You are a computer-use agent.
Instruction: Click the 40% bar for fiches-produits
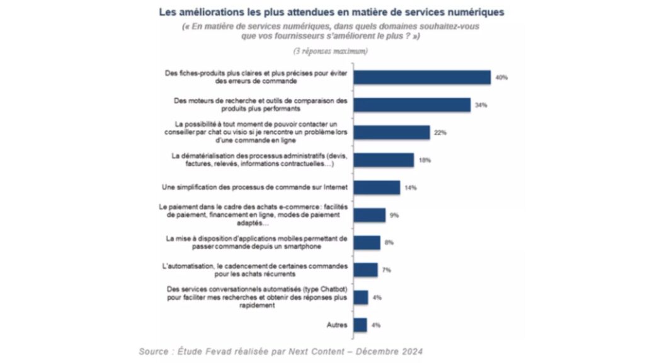tap(421, 77)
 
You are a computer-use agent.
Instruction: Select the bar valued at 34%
tap(411, 105)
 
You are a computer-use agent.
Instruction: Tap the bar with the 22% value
tap(391, 132)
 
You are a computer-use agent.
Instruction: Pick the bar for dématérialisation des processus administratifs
tap(383, 160)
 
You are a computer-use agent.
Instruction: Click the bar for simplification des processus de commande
tap(376, 188)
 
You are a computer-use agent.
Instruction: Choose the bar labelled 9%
tap(369, 216)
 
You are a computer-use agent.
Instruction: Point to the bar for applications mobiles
tap(367, 243)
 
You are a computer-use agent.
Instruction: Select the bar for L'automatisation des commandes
tap(365, 270)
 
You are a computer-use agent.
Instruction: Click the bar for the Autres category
tap(360, 325)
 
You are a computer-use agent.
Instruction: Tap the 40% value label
tap(501, 78)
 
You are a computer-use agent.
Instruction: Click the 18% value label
tap(425, 160)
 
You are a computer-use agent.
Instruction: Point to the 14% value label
tap(411, 188)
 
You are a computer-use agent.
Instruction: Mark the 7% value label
tap(386, 270)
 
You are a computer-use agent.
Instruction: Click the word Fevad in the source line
tap(220, 350)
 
